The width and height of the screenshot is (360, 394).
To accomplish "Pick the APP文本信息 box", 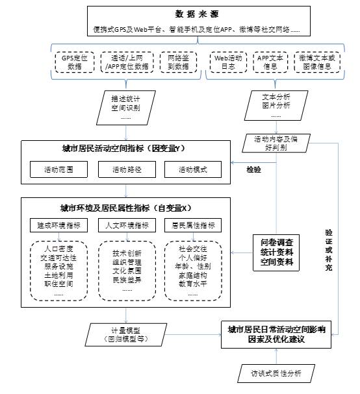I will pos(267,62).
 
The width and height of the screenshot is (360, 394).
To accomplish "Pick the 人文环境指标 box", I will pos(127,225).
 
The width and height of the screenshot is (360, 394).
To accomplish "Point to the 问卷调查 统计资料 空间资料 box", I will pos(277,252).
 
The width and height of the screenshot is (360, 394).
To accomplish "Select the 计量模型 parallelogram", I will pos(127,334).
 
